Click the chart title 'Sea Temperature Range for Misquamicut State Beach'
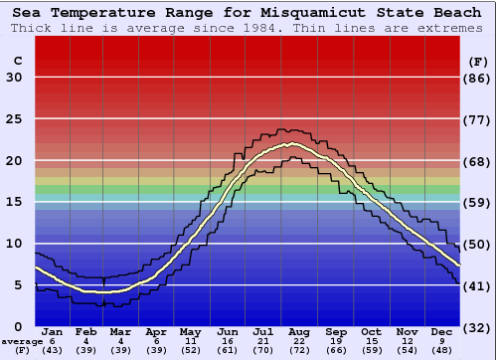click(x=248, y=11)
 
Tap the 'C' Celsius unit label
click(x=17, y=61)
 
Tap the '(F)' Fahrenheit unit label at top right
click(x=478, y=61)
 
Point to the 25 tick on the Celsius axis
click(x=14, y=119)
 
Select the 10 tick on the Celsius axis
click(x=14, y=244)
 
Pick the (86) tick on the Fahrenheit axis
click(x=478, y=79)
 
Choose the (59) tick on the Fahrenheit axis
click(x=478, y=203)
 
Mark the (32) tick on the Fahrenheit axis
click(x=478, y=327)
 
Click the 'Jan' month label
click(x=53, y=331)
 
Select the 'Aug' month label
click(x=299, y=331)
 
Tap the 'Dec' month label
click(x=442, y=331)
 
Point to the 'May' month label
click(x=189, y=331)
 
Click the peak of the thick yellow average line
click(x=291, y=144)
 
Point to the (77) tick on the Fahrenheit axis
click(x=478, y=119)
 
